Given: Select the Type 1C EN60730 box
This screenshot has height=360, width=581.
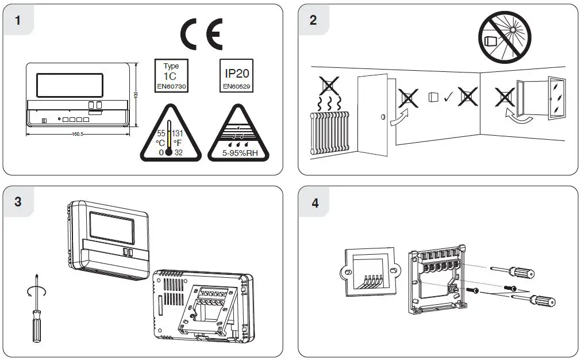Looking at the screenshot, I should click(x=171, y=76).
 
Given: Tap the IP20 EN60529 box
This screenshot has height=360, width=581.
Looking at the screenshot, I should click(x=236, y=76).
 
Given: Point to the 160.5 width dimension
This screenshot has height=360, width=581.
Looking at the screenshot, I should click(x=78, y=135).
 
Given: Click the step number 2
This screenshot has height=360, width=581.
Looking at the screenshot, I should click(x=313, y=20).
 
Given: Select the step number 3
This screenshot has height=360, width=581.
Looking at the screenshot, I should click(x=18, y=202).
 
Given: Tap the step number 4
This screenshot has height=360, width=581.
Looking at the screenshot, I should click(x=314, y=202).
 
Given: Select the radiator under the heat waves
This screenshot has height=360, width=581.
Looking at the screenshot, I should click(x=329, y=132).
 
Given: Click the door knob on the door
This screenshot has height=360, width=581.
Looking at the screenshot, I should click(x=383, y=118).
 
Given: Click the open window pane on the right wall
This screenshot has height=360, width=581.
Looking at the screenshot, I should click(x=556, y=99).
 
